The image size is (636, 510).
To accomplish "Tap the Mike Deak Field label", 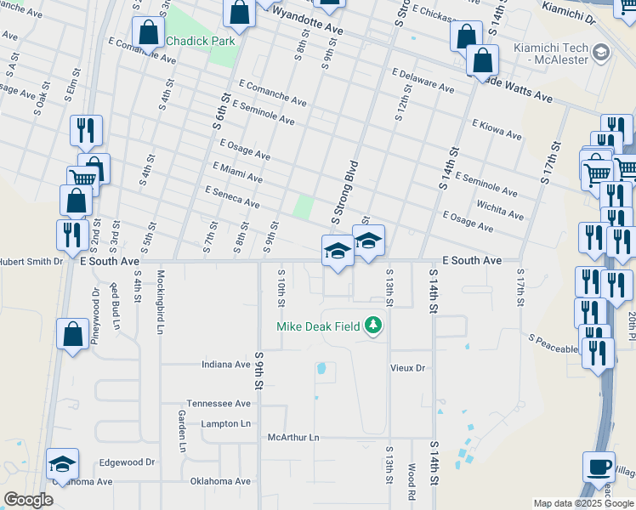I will (319, 326).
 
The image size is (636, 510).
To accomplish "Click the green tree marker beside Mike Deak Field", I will (372, 326).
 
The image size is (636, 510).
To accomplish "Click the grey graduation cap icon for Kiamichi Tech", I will (601, 54).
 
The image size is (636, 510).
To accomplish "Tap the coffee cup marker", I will (599, 467).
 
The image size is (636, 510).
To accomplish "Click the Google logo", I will (28, 500).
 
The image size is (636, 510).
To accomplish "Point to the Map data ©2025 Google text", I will (583, 503).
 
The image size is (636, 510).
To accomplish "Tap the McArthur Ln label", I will (292, 438).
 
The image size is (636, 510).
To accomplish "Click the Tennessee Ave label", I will (219, 404).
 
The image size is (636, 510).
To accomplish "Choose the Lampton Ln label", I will (226, 423).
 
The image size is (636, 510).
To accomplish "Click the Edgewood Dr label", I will (127, 462).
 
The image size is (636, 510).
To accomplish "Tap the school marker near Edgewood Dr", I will (62, 464).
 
